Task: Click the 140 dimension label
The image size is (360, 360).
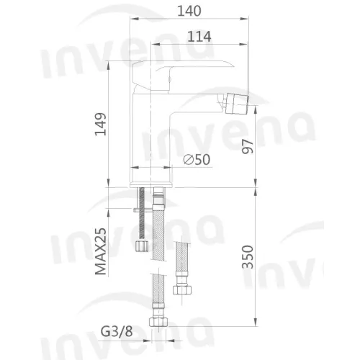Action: pos(189,11)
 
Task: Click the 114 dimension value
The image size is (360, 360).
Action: pos(199,37)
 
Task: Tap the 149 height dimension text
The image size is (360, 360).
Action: pos(101,124)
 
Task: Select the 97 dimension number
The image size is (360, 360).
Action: pos(248,147)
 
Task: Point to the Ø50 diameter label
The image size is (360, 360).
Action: pos(197,159)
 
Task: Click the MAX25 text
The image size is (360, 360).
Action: pos(101,251)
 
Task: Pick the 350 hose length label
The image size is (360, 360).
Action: pos(248,256)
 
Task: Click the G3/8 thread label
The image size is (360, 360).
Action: pos(117,332)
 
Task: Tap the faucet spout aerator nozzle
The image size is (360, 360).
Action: pos(235,103)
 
